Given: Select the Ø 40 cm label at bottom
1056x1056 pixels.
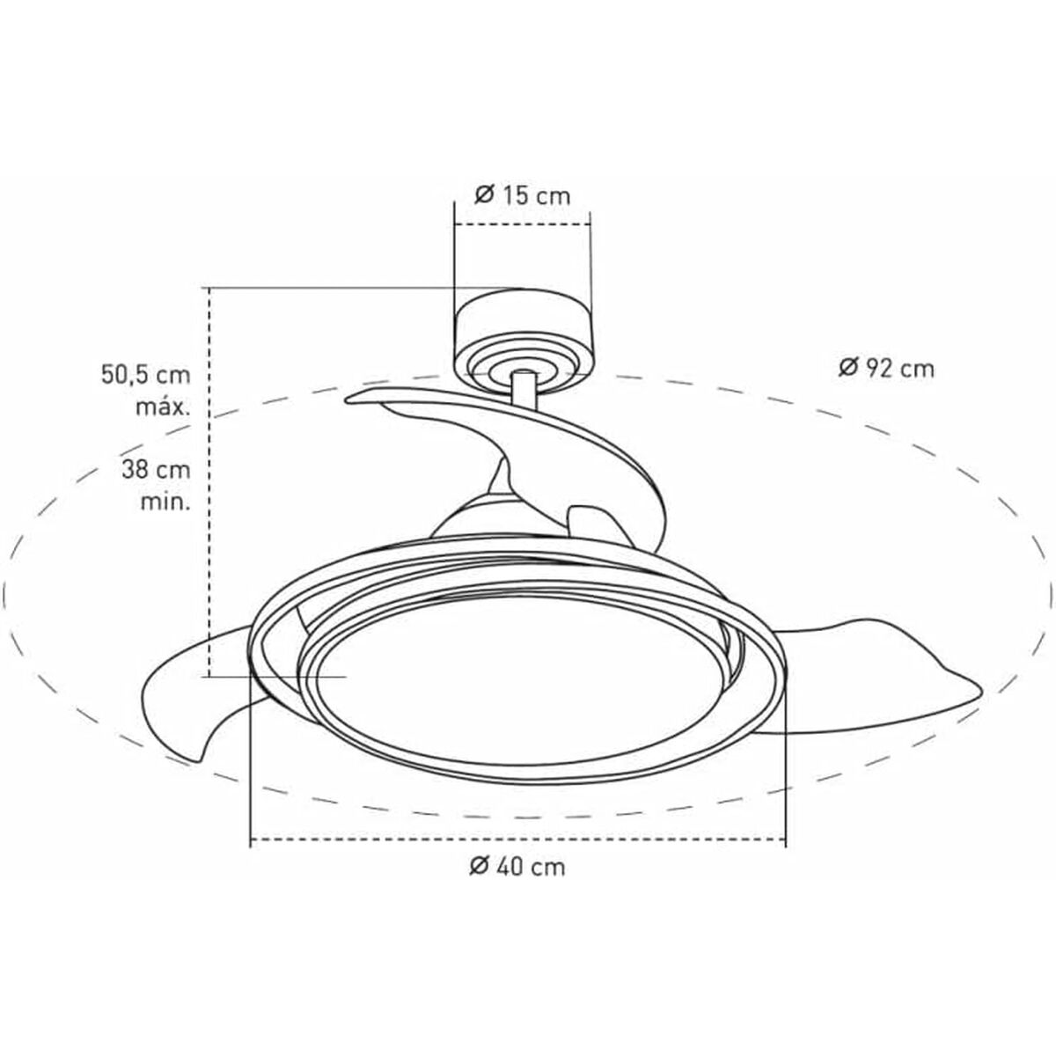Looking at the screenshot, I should (x=517, y=866).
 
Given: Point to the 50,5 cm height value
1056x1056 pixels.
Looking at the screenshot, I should (x=144, y=376).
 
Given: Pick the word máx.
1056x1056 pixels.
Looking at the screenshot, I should (x=163, y=407).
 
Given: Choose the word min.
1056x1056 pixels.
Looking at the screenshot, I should (x=165, y=502).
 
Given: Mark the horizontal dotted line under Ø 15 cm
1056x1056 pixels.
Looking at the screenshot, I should (x=522, y=224).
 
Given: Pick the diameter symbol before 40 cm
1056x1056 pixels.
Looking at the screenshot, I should (x=479, y=866).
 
